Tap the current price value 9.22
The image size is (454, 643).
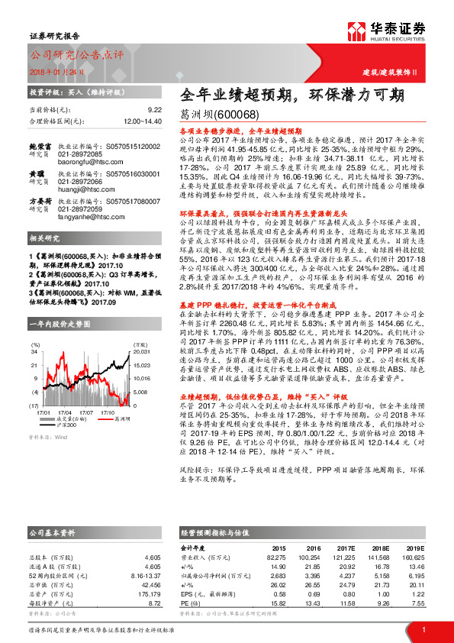point(154,110)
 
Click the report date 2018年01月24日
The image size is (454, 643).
point(52,73)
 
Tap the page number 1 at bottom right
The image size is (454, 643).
point(422,628)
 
